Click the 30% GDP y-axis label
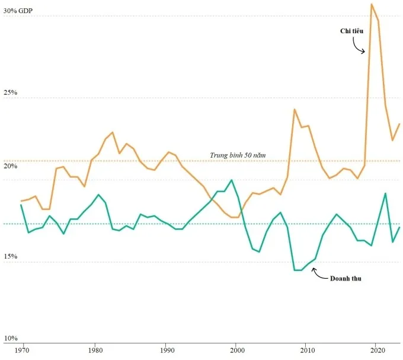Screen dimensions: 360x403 19,11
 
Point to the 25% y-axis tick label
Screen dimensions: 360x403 11,93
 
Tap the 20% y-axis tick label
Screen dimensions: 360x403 11,167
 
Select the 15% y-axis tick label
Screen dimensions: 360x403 11,257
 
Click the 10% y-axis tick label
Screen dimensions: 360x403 11,338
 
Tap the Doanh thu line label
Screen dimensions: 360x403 346,278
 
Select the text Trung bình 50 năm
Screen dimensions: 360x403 238,155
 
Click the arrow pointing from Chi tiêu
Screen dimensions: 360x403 357,44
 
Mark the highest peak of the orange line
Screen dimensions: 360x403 371,4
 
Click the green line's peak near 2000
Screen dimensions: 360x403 231,180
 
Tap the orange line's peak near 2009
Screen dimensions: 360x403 294,109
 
